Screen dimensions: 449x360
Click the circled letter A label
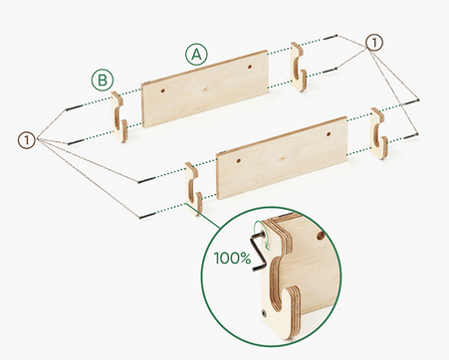tap(196, 55)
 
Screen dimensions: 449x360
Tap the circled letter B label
tap(103, 81)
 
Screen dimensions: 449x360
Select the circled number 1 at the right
tap(374, 43)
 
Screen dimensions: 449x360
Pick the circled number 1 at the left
tap(27, 140)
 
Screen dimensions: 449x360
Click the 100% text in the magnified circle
tap(232, 258)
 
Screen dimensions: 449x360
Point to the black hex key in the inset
tap(259, 252)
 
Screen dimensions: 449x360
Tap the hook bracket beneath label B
tap(119, 116)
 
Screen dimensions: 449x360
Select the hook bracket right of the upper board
tap(299, 67)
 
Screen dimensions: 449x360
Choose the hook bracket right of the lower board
tap(379, 133)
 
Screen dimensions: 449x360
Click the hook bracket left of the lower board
tap(193, 188)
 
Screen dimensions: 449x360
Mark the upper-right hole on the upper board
tap(250, 67)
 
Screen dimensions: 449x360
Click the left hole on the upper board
tap(163, 90)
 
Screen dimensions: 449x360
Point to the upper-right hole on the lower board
tap(329, 134)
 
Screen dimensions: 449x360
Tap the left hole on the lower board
tap(239, 161)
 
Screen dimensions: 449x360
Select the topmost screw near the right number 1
tap(331, 37)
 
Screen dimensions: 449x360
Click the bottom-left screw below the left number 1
tap(147, 216)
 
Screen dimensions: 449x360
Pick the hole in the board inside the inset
tap(321, 236)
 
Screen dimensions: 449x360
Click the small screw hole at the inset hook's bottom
tap(264, 312)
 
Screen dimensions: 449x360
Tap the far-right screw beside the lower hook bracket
tap(410, 135)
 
